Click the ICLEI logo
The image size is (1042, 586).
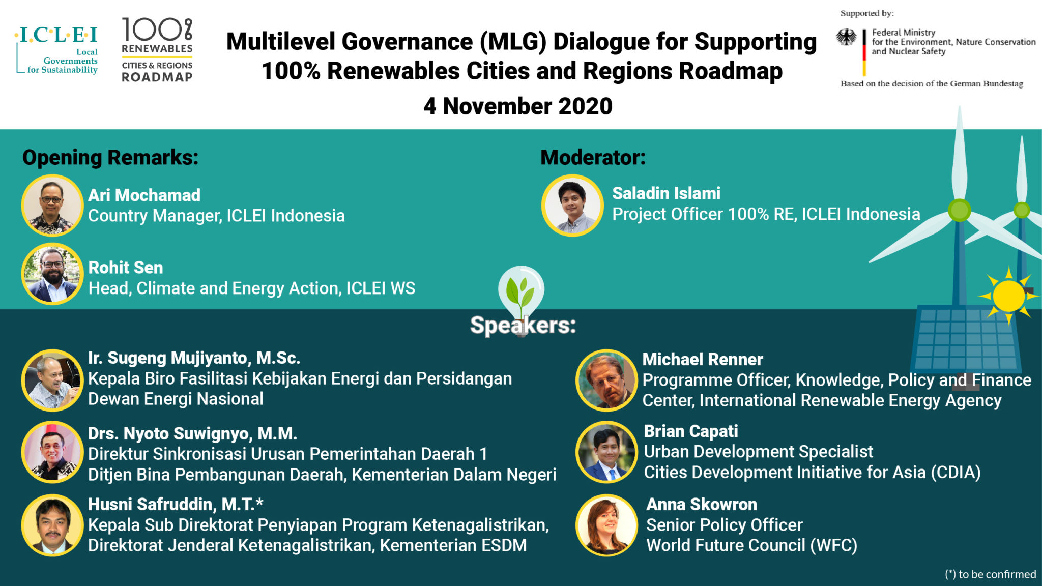57,50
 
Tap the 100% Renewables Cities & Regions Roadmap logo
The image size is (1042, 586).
157,50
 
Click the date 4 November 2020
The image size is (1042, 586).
518,106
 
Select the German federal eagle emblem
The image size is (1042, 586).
846,37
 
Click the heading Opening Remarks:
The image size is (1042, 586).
110,157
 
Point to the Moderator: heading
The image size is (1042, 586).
593,157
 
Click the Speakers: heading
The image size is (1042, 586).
523,325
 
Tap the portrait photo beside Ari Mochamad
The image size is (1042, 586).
52,206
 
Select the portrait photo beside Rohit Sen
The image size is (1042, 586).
52,274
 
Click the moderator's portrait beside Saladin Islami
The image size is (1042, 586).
572,206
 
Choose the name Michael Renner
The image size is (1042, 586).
703,360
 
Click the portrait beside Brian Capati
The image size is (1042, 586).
606,452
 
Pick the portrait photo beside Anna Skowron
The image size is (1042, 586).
606,525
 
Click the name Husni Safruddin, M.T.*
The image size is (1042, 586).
176,505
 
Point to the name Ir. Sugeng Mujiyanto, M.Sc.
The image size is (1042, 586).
194,358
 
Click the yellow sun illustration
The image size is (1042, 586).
1008,296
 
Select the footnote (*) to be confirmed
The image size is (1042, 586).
990,574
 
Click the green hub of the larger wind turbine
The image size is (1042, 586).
960,210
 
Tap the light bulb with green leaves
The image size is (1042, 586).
521,292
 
